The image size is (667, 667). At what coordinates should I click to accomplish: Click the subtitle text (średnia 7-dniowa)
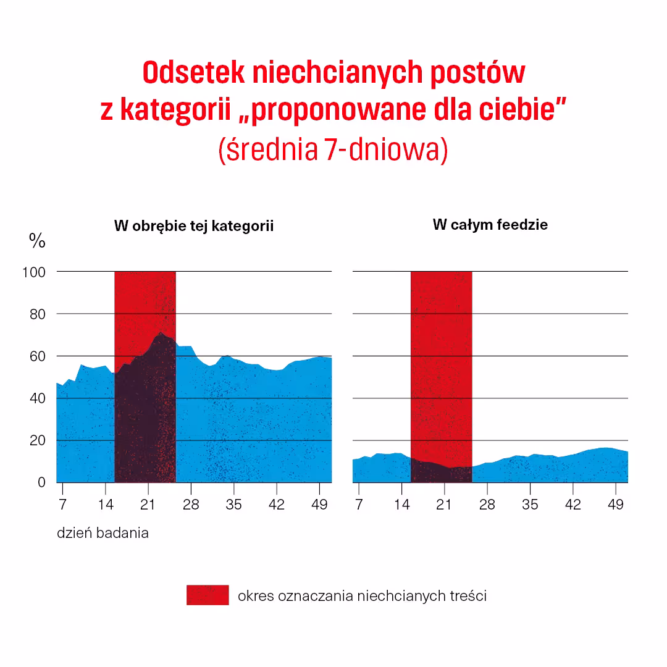333,150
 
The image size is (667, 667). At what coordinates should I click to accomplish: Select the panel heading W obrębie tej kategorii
194,226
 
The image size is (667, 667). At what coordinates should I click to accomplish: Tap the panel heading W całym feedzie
490,225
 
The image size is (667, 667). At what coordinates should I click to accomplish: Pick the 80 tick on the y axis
38,314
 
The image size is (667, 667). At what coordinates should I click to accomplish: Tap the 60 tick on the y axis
38,356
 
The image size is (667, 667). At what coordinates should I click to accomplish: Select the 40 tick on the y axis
38,398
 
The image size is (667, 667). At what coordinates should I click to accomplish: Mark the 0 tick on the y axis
41,482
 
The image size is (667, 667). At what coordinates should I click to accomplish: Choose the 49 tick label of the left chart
320,505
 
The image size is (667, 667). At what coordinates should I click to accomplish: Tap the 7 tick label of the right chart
359,505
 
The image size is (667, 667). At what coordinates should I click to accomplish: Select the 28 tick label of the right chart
487,505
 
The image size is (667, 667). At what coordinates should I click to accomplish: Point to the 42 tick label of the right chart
573,505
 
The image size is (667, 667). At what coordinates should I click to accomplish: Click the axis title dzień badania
103,533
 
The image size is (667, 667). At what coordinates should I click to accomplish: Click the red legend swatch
208,595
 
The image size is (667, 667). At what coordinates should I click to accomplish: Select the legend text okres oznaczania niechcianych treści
362,596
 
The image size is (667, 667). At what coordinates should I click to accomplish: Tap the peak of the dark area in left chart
161,333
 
